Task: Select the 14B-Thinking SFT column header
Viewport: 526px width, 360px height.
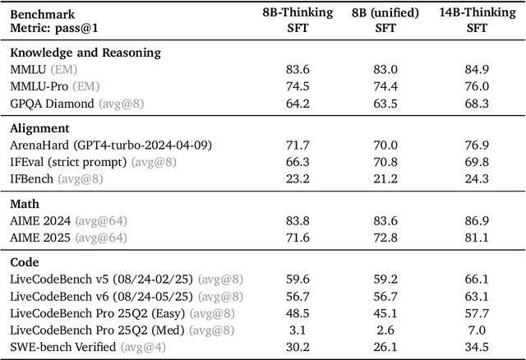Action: [477, 20]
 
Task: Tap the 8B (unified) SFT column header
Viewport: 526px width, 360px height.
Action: [385, 20]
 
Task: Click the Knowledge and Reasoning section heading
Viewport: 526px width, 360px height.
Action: [85, 53]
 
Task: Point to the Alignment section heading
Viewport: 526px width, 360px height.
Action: [40, 128]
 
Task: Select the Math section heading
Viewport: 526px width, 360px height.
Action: [26, 203]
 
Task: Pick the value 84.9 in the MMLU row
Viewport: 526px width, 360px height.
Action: [477, 70]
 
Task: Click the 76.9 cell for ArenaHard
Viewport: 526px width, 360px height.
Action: [477, 145]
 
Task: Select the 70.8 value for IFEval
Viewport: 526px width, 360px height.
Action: [385, 162]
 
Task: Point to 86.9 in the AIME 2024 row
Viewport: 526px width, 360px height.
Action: [477, 220]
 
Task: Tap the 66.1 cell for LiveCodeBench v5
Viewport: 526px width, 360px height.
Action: [477, 279]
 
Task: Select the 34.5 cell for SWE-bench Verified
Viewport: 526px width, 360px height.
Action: [477, 346]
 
